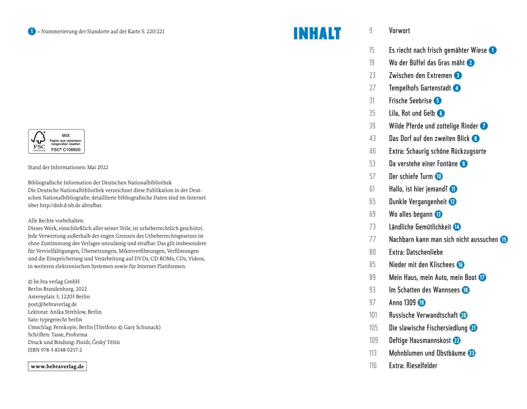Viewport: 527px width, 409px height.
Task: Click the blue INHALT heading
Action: click(x=317, y=33)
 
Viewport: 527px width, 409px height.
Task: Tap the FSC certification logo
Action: click(x=56, y=141)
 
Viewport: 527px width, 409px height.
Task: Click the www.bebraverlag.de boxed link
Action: click(x=57, y=366)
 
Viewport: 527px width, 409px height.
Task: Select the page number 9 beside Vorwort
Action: click(x=371, y=31)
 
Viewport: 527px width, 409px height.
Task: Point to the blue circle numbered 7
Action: click(x=484, y=126)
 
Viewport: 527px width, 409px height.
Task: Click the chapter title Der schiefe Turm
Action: click(x=411, y=176)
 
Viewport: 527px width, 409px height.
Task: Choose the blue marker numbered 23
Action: click(x=472, y=353)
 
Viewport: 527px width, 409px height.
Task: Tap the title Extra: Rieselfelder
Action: click(x=413, y=366)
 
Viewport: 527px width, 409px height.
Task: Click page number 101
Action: click(x=373, y=315)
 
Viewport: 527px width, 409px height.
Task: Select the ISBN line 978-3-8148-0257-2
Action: click(x=55, y=350)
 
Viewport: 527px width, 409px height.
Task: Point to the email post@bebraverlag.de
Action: click(x=52, y=304)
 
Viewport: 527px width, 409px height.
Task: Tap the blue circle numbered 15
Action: click(x=504, y=240)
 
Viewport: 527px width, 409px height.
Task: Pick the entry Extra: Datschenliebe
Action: click(x=415, y=252)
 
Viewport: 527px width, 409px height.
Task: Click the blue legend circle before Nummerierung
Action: click(x=32, y=31)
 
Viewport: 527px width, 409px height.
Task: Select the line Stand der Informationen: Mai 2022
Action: click(x=68, y=167)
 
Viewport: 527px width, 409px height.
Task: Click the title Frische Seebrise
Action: click(x=410, y=101)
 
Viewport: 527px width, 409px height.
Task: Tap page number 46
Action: click(x=372, y=151)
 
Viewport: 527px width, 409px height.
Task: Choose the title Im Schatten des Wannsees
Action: click(x=424, y=290)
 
